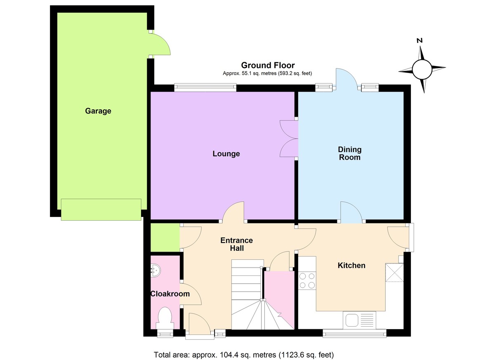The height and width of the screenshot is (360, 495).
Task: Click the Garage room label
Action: pyautogui.click(x=98, y=111)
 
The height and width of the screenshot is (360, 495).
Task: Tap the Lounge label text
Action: pyautogui.click(x=226, y=154)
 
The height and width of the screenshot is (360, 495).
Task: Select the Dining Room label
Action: pyautogui.click(x=349, y=153)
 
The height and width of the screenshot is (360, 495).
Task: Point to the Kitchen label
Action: pyautogui.click(x=351, y=266)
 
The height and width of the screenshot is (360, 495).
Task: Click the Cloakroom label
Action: pyautogui.click(x=170, y=294)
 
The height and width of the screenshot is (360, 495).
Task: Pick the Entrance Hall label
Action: pyautogui.click(x=236, y=244)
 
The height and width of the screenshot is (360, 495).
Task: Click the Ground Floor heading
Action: pyautogui.click(x=268, y=65)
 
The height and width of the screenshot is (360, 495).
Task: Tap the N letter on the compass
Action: pyautogui.click(x=420, y=40)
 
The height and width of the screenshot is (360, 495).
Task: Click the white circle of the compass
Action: pyautogui.click(x=422, y=68)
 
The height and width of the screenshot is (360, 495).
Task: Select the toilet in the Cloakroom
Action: pyautogui.click(x=165, y=318)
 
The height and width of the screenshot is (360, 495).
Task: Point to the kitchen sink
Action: pyautogui.click(x=360, y=320)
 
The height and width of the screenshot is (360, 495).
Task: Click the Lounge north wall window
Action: pyautogui.click(x=205, y=87)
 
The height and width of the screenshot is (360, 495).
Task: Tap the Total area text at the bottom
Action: pyautogui.click(x=243, y=355)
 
